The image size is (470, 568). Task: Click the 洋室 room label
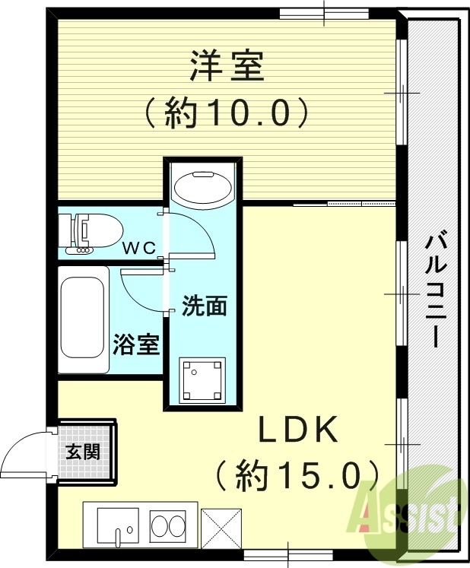pyautogui.click(x=227, y=66)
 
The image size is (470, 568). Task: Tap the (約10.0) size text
pyautogui.click(x=227, y=114)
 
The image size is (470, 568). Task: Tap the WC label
pyautogui.click(x=141, y=247)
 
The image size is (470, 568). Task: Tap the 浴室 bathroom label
pyautogui.click(x=137, y=344)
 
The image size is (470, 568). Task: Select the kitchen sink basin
pyautogui.click(x=116, y=525)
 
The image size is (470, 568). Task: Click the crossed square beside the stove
pyautogui.click(x=221, y=526)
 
